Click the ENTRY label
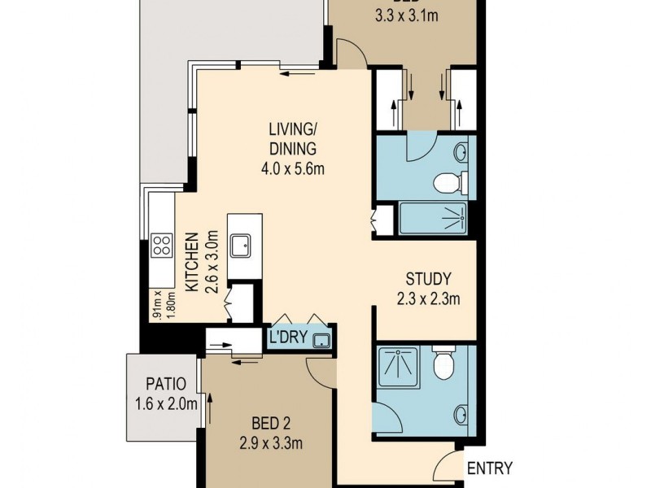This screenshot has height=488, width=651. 490,468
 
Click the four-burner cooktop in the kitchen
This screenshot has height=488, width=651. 161,245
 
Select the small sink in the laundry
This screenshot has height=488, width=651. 323,341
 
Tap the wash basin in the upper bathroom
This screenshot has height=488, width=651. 461,152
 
